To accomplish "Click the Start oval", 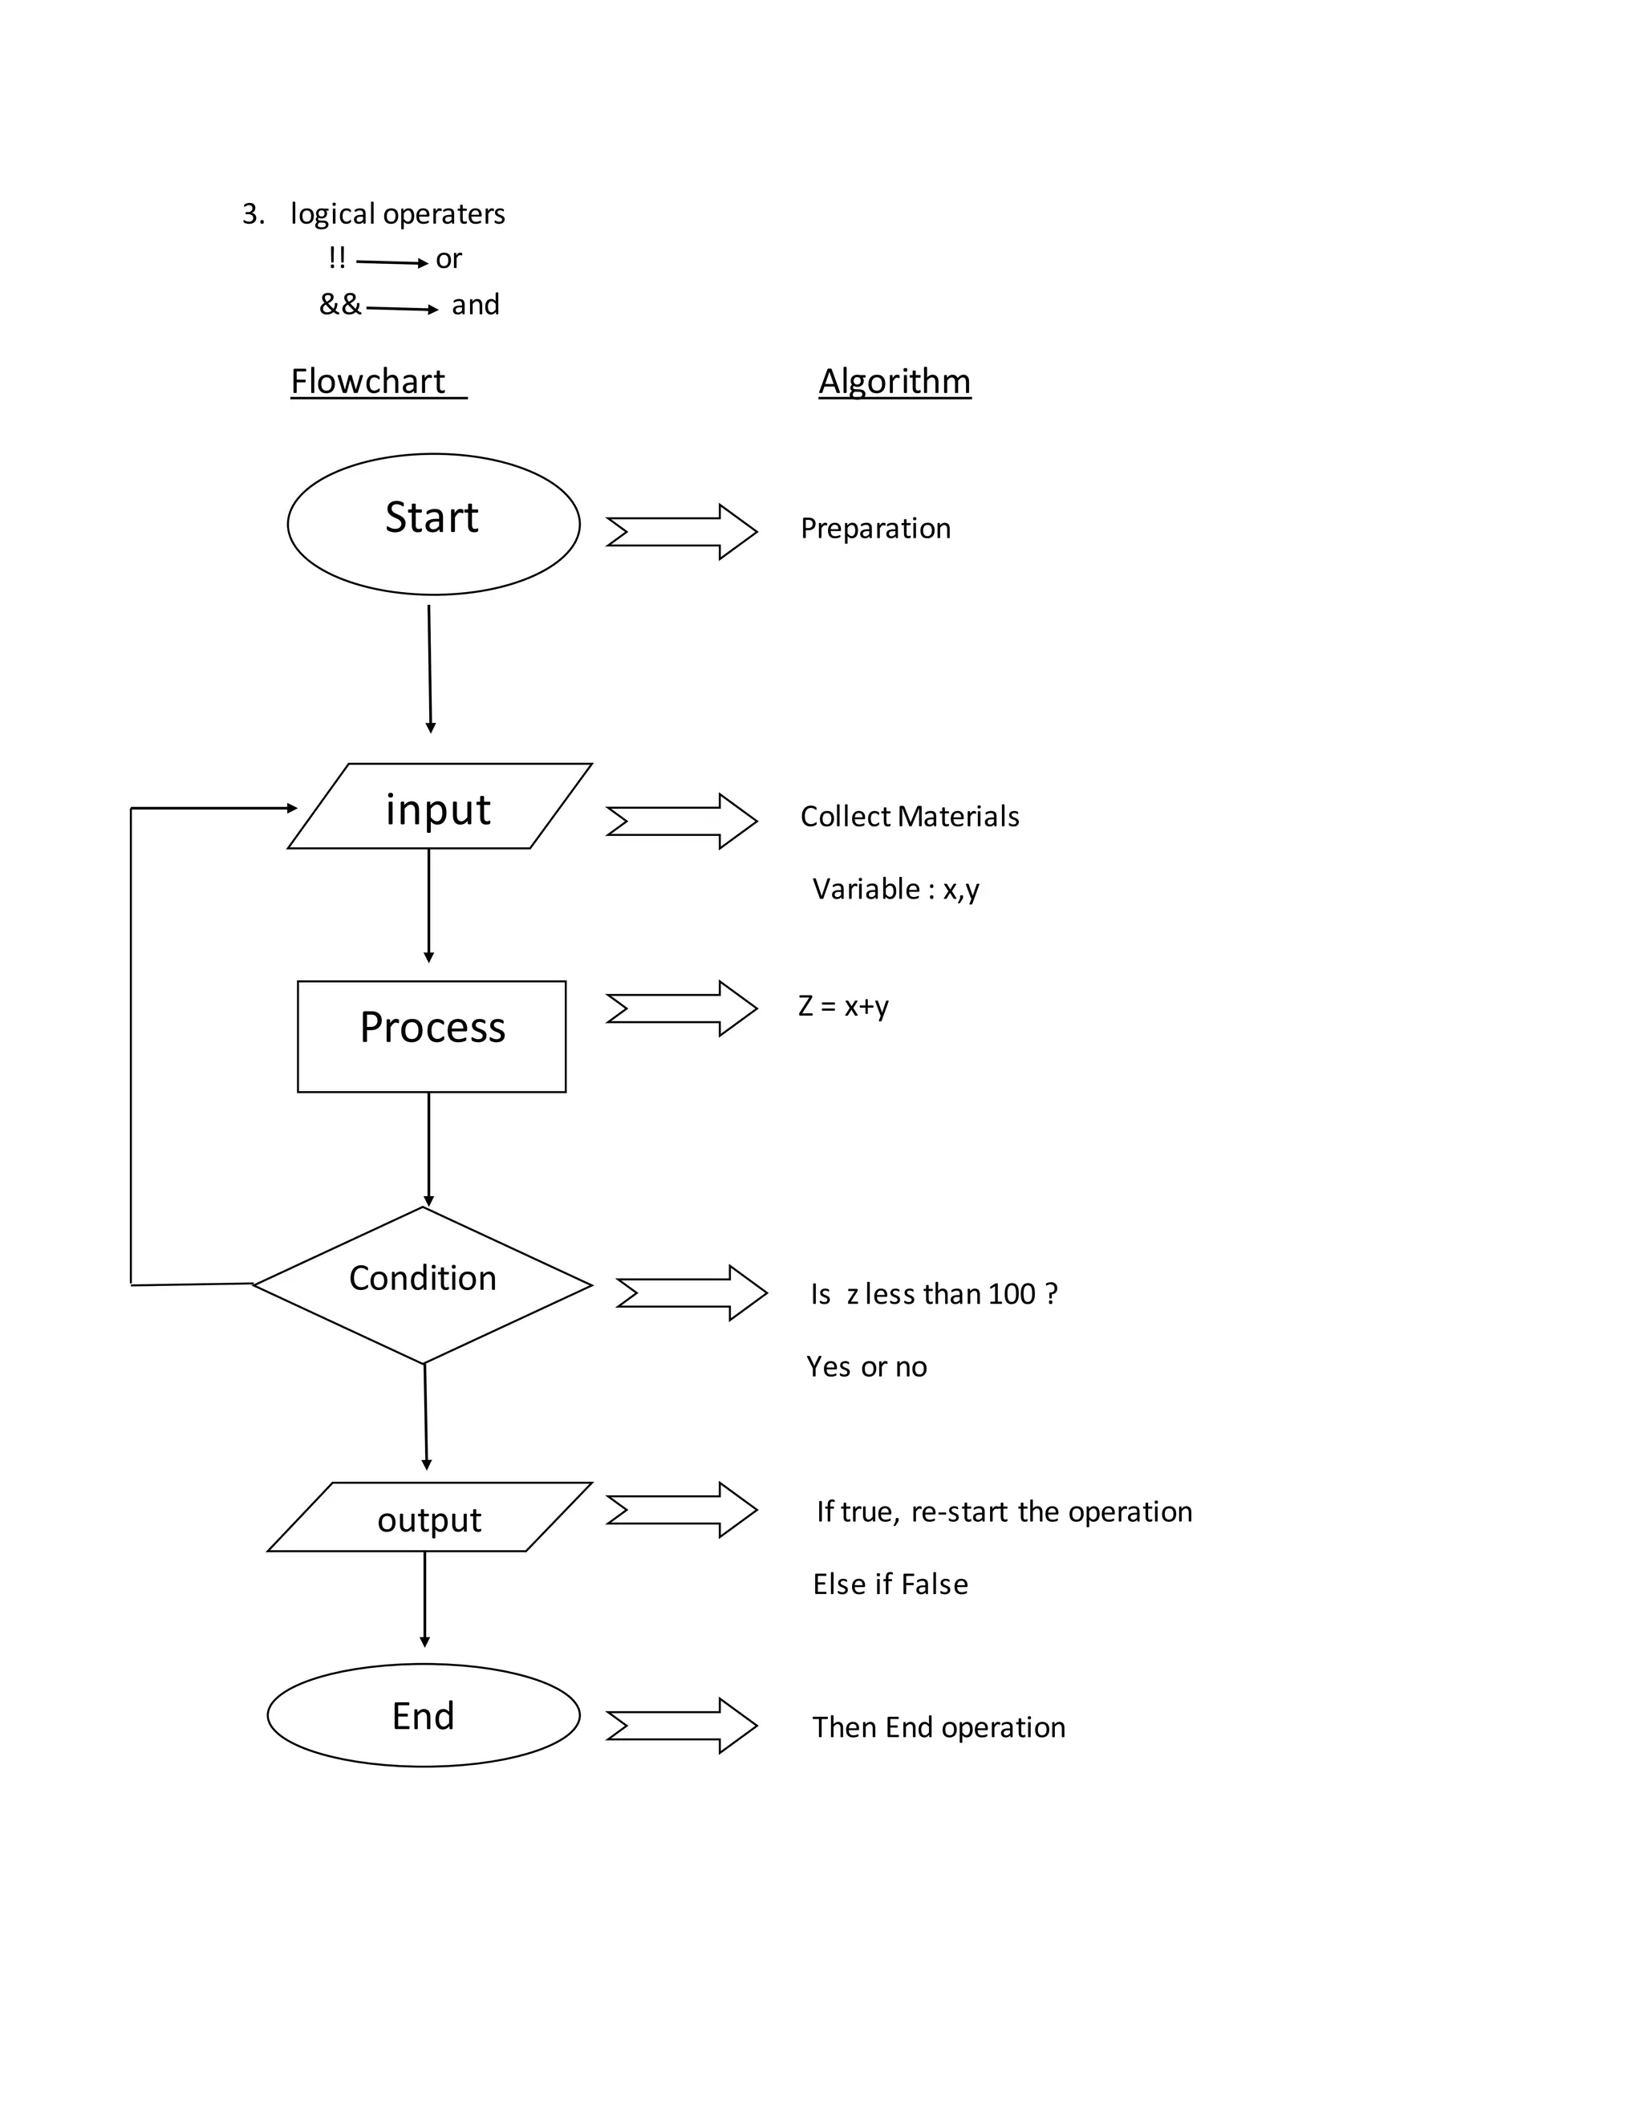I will (x=433, y=524).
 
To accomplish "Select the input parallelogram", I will (x=439, y=807).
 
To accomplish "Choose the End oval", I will (x=424, y=1714).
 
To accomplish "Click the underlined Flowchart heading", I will (x=368, y=380).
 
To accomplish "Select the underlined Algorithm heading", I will (x=894, y=380).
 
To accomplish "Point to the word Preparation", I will (x=874, y=529).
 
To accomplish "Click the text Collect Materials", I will (x=909, y=816).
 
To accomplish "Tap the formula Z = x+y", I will (x=843, y=1005).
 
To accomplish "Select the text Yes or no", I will (x=866, y=1367).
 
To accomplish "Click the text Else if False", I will (x=890, y=1584).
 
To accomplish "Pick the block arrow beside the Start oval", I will (x=681, y=531).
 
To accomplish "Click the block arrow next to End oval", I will (x=681, y=1726).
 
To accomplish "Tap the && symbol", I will (x=339, y=305).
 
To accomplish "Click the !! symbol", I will (x=337, y=258).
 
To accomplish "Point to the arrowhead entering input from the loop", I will (x=292, y=808).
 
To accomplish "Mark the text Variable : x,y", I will (x=895, y=889).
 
